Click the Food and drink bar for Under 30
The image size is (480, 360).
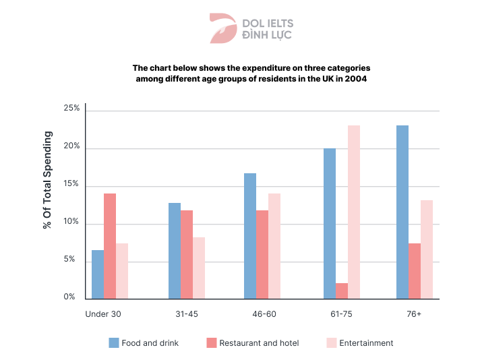pos(98,274)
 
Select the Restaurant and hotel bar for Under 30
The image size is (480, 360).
pos(110,246)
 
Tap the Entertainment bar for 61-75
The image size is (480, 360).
pos(354,212)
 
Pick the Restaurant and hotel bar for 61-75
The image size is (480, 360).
pos(342,291)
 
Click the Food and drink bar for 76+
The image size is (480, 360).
pos(402,212)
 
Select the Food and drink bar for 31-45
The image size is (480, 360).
pos(175,251)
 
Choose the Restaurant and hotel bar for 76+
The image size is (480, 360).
pos(415,271)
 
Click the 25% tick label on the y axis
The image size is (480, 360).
pos(71,108)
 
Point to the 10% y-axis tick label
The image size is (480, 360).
pos(71,222)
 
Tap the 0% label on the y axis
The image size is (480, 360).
pos(69,297)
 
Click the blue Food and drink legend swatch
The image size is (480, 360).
pos(114,343)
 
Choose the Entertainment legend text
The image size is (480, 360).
pos(366,343)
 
